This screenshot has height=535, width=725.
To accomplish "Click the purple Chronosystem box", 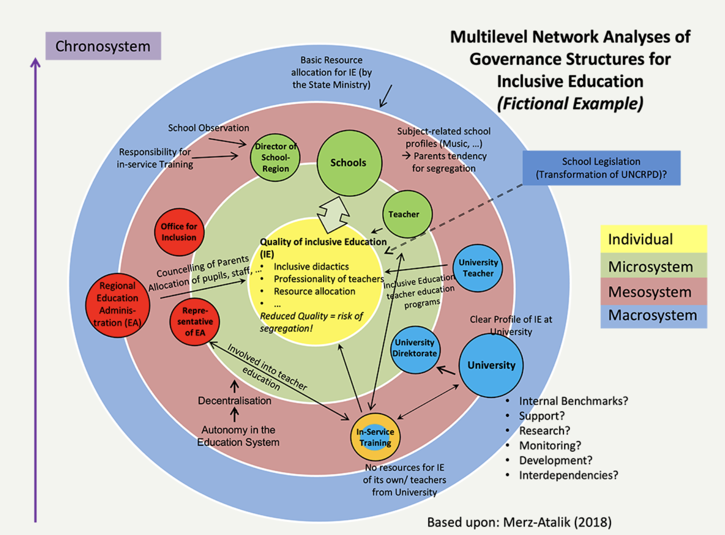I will (103, 46).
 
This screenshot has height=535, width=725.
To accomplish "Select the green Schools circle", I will (349, 163).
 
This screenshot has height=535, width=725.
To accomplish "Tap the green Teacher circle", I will (407, 214).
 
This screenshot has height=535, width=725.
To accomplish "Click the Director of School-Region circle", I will (275, 157).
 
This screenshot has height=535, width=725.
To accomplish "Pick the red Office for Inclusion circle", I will (179, 232).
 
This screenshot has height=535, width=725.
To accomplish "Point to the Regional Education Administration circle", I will (117, 305).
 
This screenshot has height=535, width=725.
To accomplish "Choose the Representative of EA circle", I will (195, 322).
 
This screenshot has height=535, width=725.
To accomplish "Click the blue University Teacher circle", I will (478, 268).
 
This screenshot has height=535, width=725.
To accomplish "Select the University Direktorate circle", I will (415, 349).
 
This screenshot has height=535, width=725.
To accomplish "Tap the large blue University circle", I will (491, 365).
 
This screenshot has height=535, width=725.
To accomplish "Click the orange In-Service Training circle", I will (375, 437).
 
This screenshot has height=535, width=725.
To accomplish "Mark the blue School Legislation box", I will (601, 168).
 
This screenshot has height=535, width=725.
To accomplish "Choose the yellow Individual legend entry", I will (653, 239).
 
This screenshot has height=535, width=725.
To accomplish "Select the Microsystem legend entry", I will (653, 267).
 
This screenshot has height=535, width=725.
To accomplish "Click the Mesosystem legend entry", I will (653, 292).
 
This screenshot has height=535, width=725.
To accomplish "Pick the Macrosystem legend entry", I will (653, 315).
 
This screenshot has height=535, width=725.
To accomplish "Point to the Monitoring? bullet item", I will (550, 446).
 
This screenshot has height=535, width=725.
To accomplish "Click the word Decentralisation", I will (235, 401).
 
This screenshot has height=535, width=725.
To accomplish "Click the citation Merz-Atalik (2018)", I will (557, 522).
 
